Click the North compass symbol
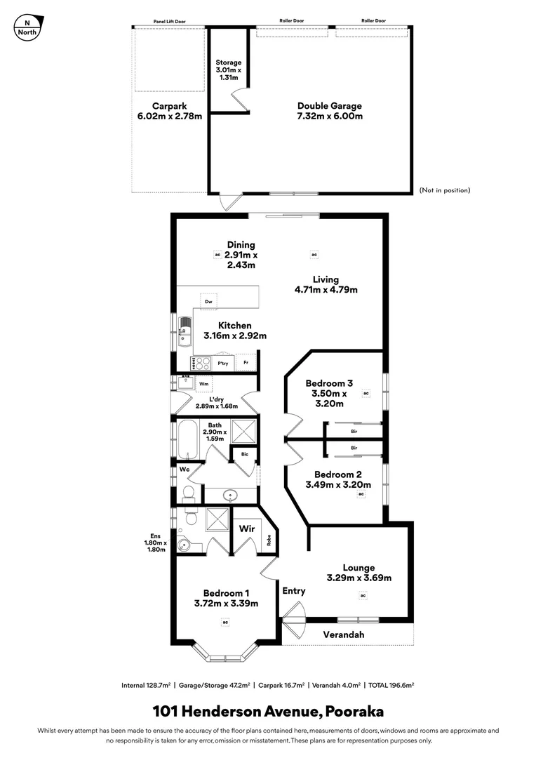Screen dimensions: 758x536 [27, 27]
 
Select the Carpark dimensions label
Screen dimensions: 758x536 [169, 116]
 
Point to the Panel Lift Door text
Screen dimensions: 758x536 [169, 21]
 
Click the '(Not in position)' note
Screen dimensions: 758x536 [445, 190]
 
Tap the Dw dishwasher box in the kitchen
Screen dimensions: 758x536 [208, 302]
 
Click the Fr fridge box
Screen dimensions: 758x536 [246, 364]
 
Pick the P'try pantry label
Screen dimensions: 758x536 [224, 364]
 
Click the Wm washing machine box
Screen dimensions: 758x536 [204, 384]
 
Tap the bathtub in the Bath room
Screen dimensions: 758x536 [187, 439]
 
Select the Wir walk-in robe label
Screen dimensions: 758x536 [246, 527]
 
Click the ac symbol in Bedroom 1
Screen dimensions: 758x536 [226, 622]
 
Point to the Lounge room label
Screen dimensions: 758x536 [359, 568]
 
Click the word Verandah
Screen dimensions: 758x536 [344, 634]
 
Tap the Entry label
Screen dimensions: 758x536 [294, 591]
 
